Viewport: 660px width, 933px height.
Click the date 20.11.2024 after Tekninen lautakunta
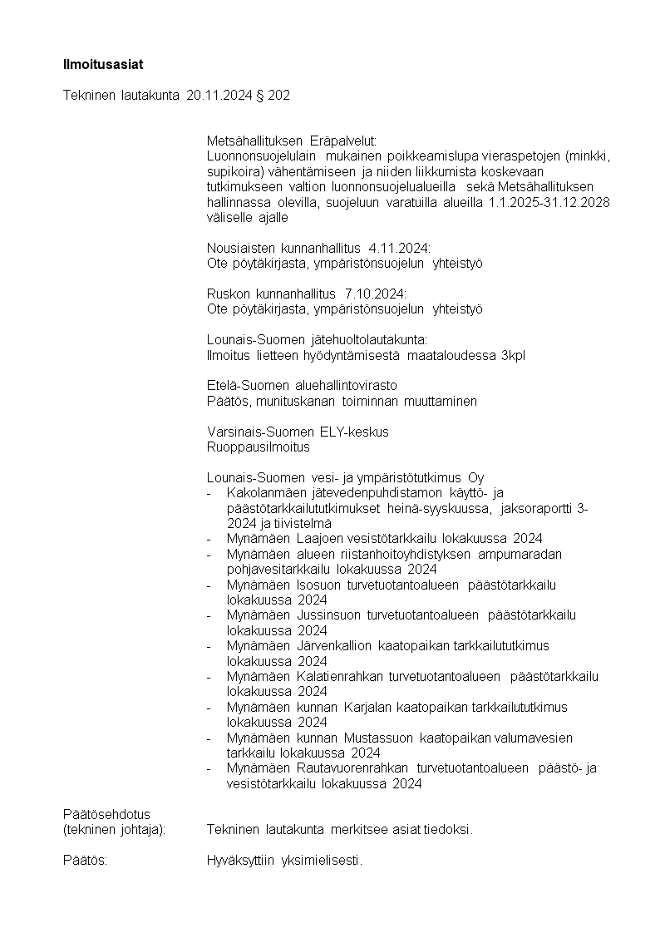[x=217, y=96]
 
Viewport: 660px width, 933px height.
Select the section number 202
[x=280, y=96]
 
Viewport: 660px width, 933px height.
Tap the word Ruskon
[x=226, y=294]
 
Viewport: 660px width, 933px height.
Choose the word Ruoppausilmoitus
[x=258, y=447]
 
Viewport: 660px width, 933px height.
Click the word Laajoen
[x=323, y=538]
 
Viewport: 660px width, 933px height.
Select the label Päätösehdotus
[x=106, y=813]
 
